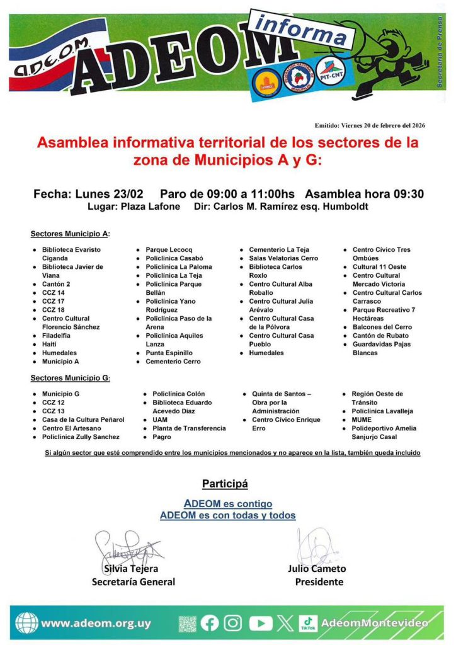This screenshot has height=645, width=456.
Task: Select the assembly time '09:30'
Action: [407, 193]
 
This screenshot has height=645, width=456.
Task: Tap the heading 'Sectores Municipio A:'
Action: [71, 234]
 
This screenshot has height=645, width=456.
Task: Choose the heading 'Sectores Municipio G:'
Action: [71, 379]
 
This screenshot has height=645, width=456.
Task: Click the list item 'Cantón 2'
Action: [56, 284]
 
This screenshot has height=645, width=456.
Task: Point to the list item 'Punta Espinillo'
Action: [169, 353]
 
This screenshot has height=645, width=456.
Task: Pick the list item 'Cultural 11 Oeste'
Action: [379, 267]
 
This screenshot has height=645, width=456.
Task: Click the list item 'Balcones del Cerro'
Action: [382, 327]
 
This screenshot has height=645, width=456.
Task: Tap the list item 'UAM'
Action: [160, 420]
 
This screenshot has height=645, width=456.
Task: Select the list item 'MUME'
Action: [362, 420]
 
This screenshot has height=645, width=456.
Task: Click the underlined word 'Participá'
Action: [225, 484]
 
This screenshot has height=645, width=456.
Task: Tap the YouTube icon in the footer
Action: [260, 624]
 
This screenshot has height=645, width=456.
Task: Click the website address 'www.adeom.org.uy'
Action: [96, 624]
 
